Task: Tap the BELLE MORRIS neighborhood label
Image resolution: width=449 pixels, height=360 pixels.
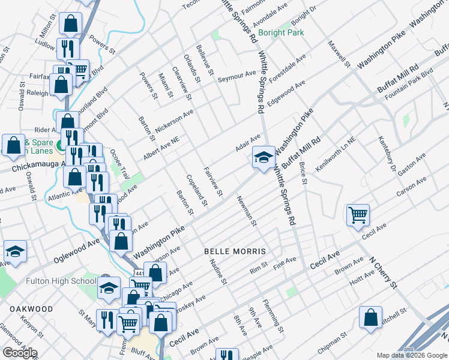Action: (x=235, y=250)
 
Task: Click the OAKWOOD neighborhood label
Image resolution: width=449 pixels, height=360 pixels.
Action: (x=31, y=309)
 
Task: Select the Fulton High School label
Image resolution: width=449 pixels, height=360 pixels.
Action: (x=61, y=281)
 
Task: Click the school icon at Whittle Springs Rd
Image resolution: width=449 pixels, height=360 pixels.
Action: (x=263, y=158)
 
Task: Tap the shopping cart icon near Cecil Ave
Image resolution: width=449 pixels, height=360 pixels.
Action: (x=358, y=215)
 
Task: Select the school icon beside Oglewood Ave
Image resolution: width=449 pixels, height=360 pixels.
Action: (x=15, y=253)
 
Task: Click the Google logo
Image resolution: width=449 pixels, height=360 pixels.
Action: (x=20, y=352)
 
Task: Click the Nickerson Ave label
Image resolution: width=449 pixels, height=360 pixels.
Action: (x=175, y=122)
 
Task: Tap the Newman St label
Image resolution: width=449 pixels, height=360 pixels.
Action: (x=247, y=211)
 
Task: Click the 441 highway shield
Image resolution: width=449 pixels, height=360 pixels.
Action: (x=139, y=273)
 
